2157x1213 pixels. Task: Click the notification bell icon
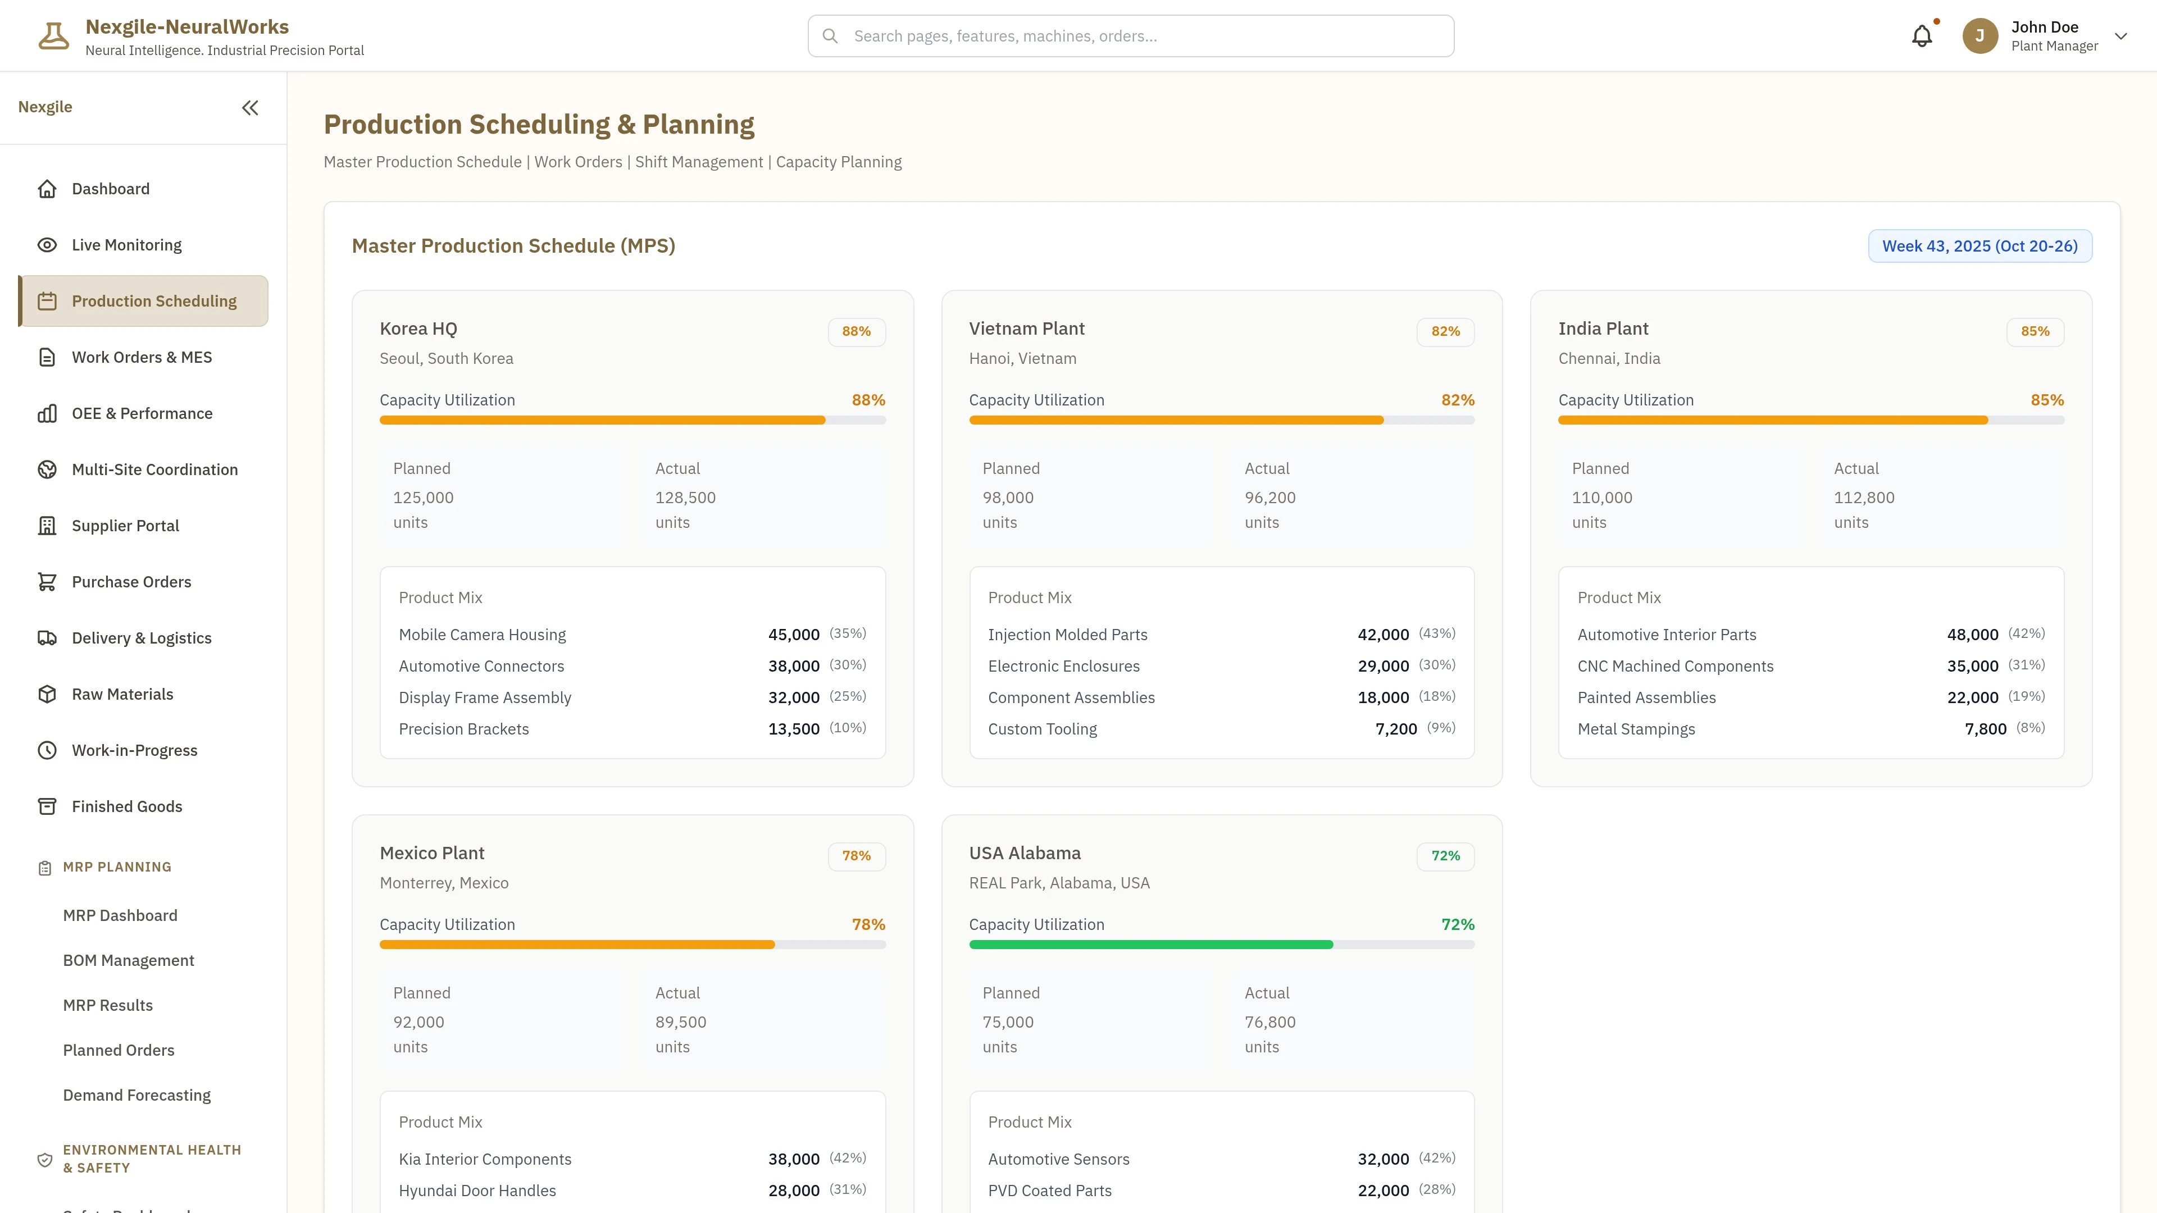(x=1922, y=36)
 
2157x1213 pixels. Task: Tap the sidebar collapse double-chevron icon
(x=249, y=108)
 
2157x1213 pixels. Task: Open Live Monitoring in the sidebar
(x=126, y=244)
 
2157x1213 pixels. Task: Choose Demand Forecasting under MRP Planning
(x=136, y=1095)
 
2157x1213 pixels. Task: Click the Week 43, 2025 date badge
(x=1979, y=246)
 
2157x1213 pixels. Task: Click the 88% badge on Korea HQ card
(x=855, y=331)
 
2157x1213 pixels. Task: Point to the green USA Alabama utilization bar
(x=1150, y=944)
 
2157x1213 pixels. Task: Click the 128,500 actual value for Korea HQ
(x=685, y=497)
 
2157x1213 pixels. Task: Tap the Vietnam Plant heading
(x=1027, y=328)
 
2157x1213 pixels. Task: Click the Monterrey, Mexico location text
(x=444, y=882)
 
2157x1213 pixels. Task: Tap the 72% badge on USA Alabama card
(x=1445, y=855)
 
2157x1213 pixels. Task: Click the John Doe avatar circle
(x=1979, y=36)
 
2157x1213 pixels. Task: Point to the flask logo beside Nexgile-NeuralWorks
(x=53, y=36)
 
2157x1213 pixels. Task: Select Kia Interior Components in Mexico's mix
(x=485, y=1159)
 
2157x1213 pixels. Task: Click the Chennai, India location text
(x=1609, y=358)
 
